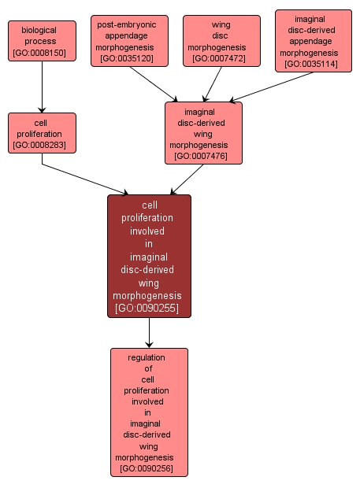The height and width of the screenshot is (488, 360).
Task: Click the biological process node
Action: point(43,42)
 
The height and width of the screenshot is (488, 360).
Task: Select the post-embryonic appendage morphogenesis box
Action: point(129,41)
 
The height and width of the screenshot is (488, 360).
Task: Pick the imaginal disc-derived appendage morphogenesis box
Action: point(314,41)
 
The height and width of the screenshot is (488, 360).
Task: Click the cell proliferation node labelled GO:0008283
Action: point(42,134)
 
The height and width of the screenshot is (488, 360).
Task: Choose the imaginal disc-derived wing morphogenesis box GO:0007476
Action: point(203,134)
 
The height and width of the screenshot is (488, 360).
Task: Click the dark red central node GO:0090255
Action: point(149,256)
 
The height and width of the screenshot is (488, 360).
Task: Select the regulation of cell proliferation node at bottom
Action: point(149,412)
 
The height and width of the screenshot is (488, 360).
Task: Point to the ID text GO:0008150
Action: point(43,54)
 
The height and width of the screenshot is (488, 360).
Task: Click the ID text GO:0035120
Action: point(129,59)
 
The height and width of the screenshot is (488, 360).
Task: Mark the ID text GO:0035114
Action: point(314,65)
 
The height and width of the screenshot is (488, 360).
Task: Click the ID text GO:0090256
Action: point(149,469)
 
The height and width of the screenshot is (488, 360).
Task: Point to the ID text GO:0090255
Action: point(149,308)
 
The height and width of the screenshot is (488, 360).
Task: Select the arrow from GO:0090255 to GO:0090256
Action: point(149,333)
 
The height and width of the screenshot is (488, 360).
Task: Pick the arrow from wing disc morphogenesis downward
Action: point(213,83)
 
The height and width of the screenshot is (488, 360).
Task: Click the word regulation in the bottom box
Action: point(149,357)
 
